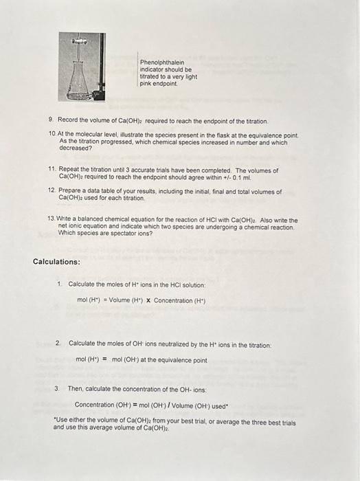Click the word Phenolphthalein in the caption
158,62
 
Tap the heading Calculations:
56,262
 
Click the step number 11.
52,170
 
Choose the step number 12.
52,190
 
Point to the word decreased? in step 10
76,148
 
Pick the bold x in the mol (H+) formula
148,300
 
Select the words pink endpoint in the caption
159,83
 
